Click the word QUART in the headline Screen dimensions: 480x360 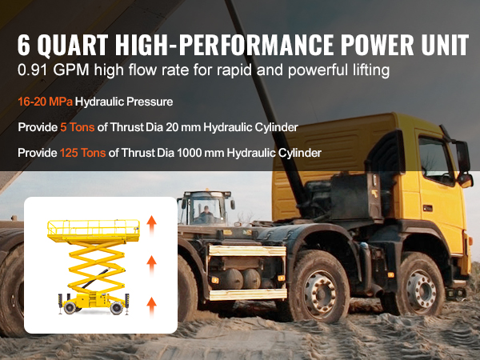tap(73, 45)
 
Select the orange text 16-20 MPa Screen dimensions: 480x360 tap(46, 102)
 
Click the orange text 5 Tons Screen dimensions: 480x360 tap(77, 127)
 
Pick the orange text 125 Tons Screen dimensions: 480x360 tap(82, 153)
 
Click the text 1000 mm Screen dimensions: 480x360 tap(200, 153)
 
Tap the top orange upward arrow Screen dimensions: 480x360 tap(151, 225)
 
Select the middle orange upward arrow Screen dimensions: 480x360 tap(151, 266)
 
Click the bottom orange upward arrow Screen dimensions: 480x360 tap(151, 306)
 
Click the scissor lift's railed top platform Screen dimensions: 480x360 tap(94, 231)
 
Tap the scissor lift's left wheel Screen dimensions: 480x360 tap(70, 307)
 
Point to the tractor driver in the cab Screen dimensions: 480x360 tap(206, 213)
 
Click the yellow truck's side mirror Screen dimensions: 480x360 tap(462, 157)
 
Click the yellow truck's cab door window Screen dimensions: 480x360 tap(435, 161)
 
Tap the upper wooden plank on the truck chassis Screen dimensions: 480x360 tap(247, 250)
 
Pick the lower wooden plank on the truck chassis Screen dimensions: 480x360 tap(248, 294)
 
